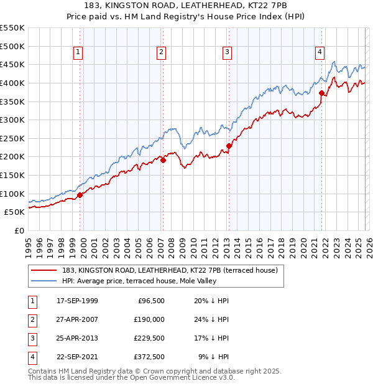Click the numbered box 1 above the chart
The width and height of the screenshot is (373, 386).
[x=78, y=53]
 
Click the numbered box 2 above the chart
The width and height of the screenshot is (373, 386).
[x=161, y=53]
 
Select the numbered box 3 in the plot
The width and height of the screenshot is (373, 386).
[x=227, y=53]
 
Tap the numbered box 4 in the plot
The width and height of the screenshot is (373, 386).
[x=320, y=53]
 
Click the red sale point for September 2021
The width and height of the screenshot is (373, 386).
[x=321, y=93]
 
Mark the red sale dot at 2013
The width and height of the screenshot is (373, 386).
[x=229, y=146]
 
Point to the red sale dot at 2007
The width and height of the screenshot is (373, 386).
[x=163, y=160]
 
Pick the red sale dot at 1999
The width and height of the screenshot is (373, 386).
[x=80, y=195]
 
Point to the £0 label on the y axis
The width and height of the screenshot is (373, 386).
[x=19, y=230]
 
